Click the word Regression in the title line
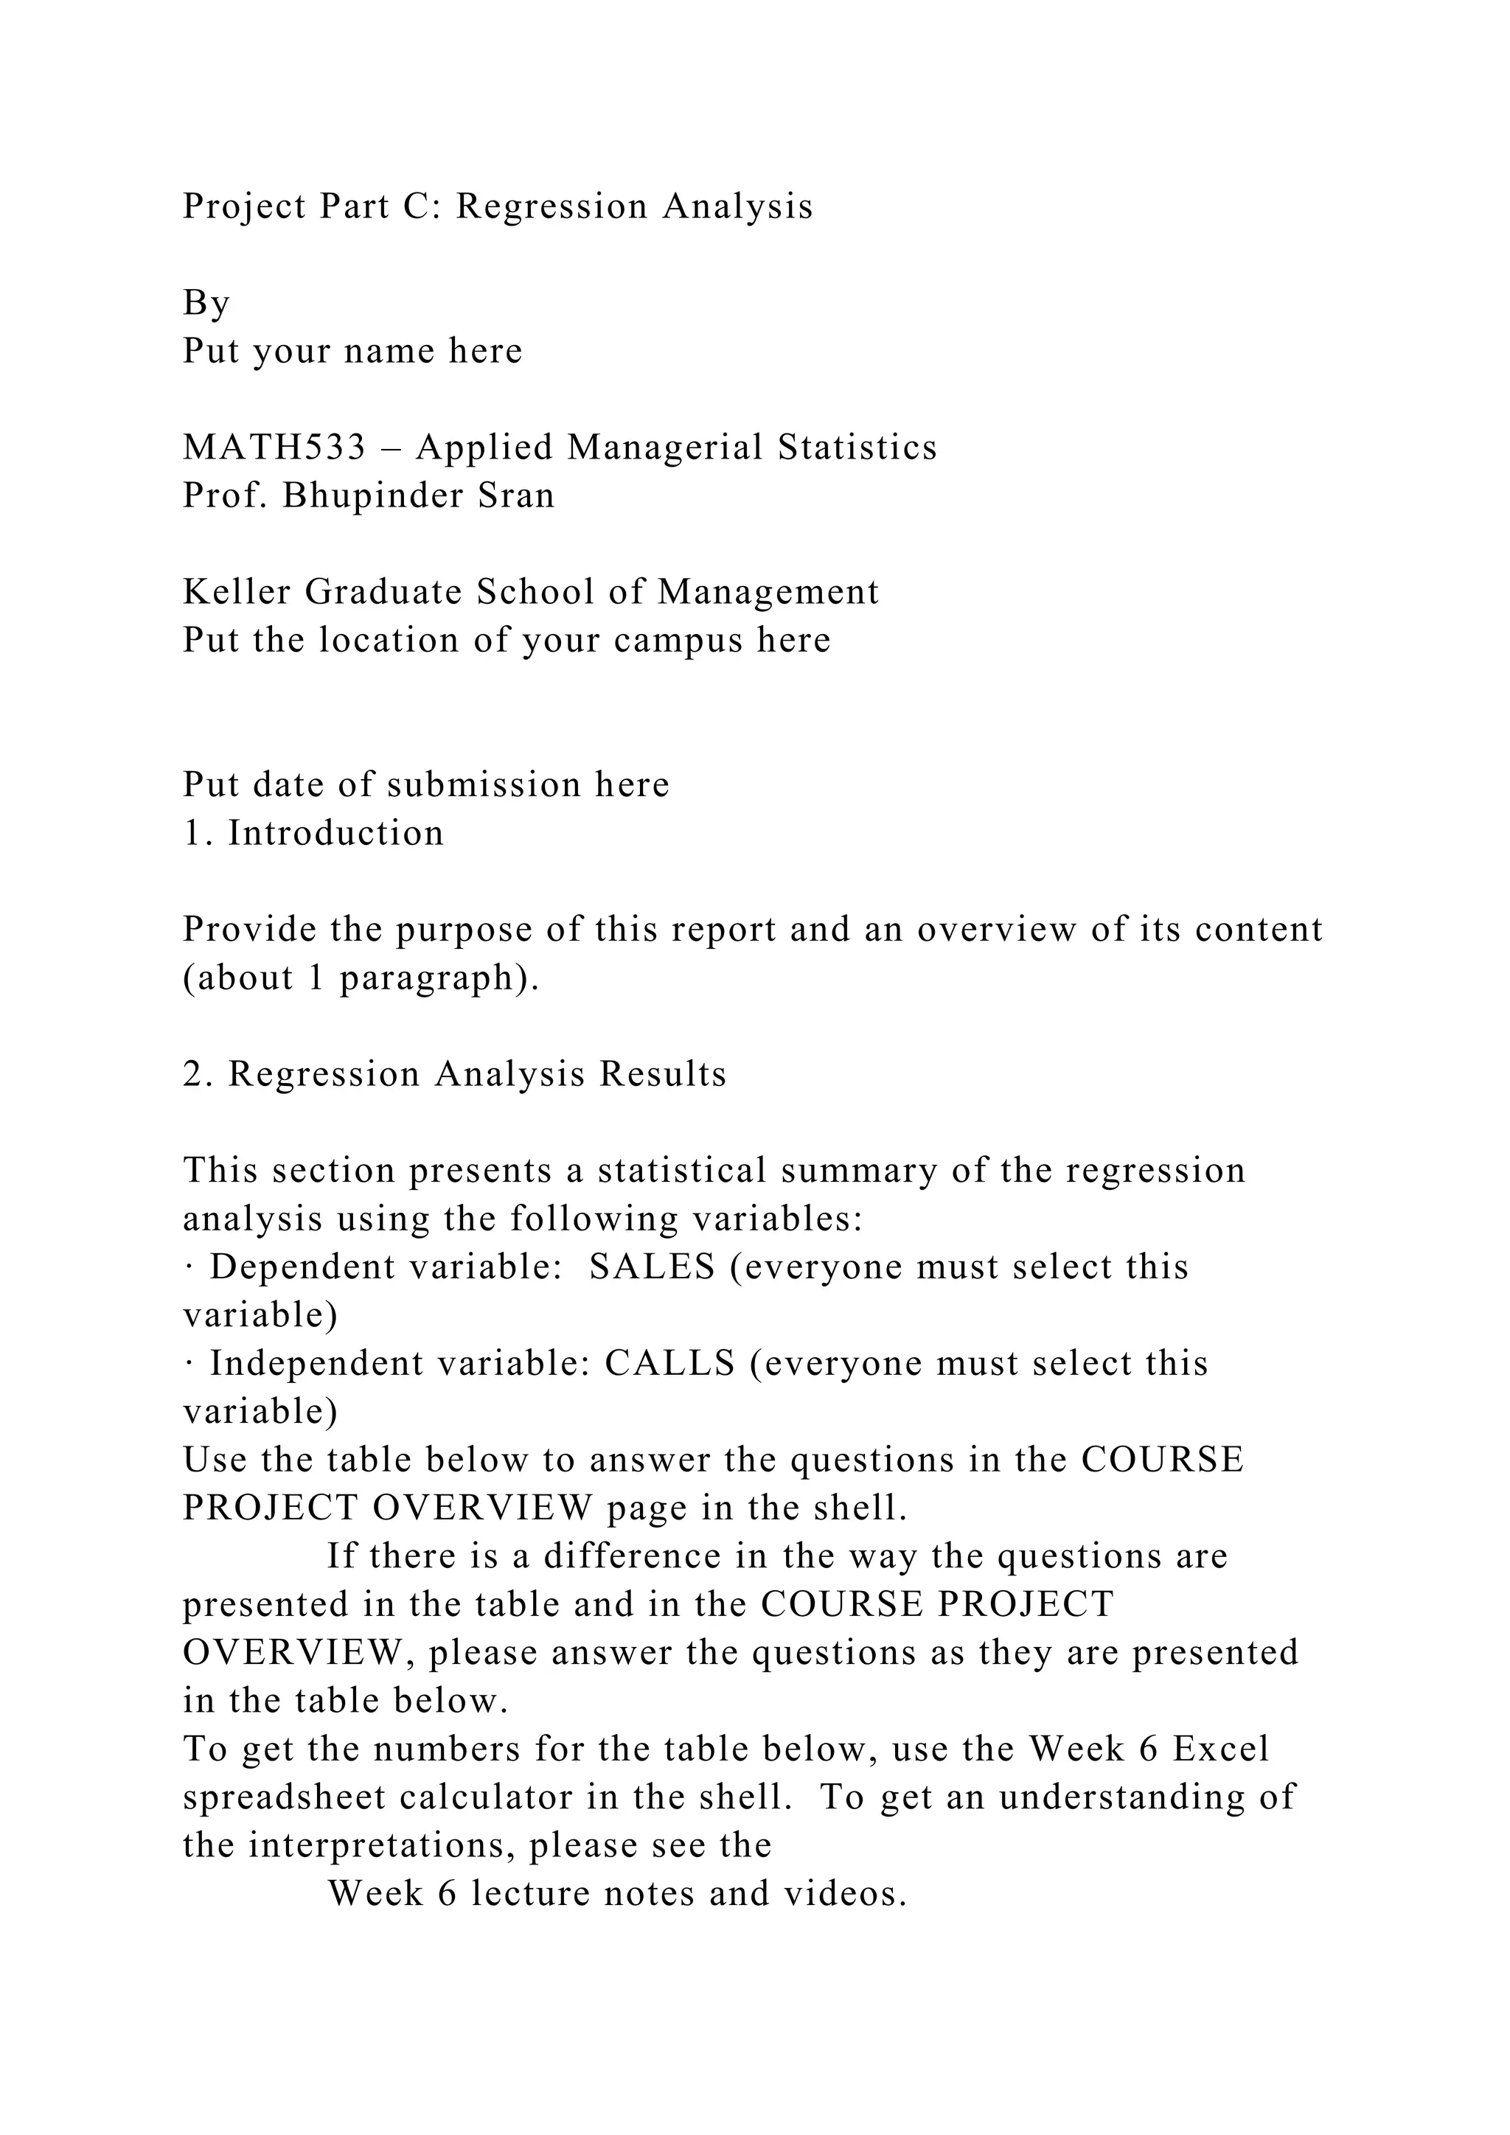[551, 206]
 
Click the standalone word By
[206, 303]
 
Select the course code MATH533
[275, 447]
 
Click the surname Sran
[516, 495]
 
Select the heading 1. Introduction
[313, 833]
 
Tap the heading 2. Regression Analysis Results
[455, 1074]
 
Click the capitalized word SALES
[652, 1267]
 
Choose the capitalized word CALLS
[669, 1364]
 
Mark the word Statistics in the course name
[857, 447]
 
